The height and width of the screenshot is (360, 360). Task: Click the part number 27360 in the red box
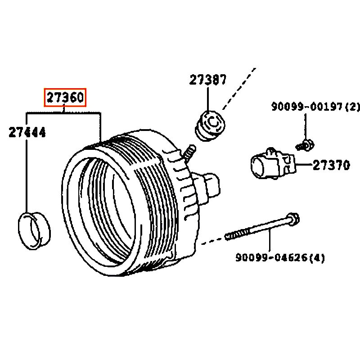[x=65, y=97]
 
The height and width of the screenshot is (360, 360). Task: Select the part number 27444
[x=27, y=132]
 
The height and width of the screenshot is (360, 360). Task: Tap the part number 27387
[x=208, y=80]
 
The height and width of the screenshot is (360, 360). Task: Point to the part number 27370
[x=331, y=165]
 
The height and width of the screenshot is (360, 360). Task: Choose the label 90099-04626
[x=271, y=257]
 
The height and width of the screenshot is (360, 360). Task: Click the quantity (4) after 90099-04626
[x=317, y=257]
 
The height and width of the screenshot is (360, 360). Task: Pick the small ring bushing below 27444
[x=34, y=231]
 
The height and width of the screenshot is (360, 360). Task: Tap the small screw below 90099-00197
[x=305, y=145]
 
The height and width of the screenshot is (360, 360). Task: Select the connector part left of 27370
[x=273, y=163]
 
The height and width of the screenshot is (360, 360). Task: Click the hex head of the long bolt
[x=293, y=219]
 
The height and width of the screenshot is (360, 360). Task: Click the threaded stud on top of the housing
[x=189, y=152]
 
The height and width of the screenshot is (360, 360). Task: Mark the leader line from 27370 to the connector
[x=304, y=164]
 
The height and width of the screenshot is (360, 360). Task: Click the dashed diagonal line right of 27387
[x=239, y=88]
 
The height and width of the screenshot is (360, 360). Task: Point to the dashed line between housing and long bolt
[x=213, y=240]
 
